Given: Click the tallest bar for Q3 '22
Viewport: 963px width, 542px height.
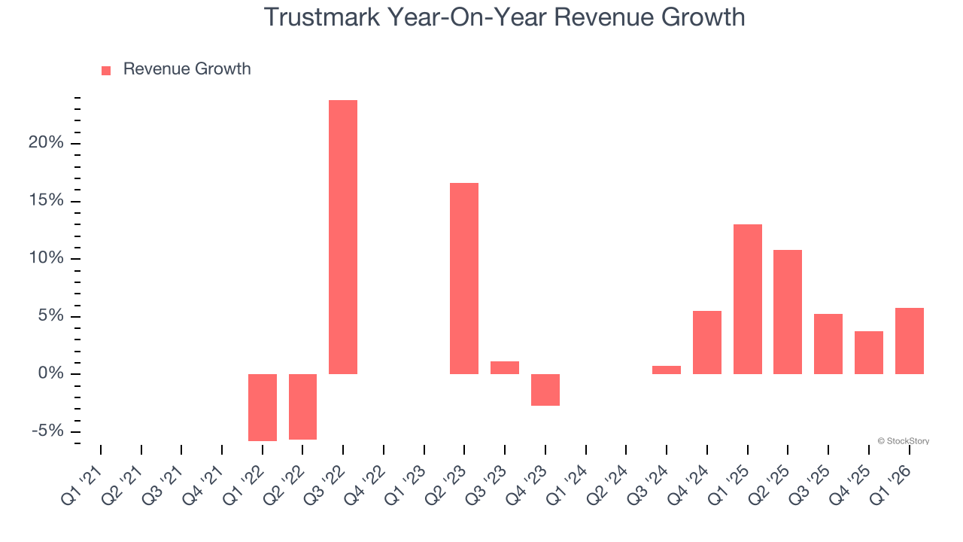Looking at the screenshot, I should coord(343,237).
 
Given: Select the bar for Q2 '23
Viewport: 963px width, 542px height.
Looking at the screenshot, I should coord(464,279).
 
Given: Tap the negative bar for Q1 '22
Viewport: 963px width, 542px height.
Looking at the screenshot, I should coord(263,407).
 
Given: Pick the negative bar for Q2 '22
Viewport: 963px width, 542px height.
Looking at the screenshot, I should coord(302,406).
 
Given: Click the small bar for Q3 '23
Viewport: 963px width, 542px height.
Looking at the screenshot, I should coord(505,368).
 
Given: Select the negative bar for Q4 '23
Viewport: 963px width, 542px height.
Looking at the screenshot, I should coord(545,390).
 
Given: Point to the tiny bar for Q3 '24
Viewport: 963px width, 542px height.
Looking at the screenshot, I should coord(667,370).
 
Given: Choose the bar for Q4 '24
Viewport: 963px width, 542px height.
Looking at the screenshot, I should coord(707,343).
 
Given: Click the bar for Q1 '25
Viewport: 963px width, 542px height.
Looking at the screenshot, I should coord(748,300).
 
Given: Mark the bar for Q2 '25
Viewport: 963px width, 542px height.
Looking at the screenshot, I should coord(788,312).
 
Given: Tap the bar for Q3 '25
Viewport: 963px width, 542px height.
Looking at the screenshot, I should coord(828,344).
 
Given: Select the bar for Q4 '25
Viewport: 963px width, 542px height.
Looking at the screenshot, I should coord(869,352).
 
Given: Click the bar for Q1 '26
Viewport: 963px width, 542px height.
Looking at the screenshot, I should coord(910,341).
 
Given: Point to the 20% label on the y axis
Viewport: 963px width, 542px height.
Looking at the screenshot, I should coord(46,144).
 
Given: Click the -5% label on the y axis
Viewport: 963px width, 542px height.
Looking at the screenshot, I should coord(46,431).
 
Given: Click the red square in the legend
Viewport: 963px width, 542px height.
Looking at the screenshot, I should coord(106,70).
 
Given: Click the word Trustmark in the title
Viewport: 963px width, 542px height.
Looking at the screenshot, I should coord(322,17).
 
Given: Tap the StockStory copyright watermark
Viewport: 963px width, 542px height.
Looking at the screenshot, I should coord(903,441).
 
